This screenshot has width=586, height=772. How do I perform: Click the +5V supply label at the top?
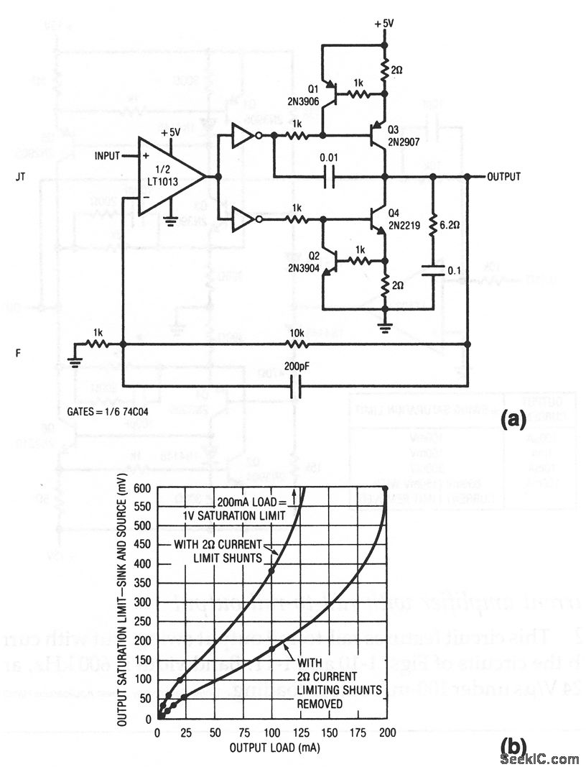384,23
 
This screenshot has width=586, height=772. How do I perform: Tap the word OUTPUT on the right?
504,176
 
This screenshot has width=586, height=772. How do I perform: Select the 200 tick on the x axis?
387,733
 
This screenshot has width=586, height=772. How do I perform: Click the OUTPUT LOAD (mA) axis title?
275,748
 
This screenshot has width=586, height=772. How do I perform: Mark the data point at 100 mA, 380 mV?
272,571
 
